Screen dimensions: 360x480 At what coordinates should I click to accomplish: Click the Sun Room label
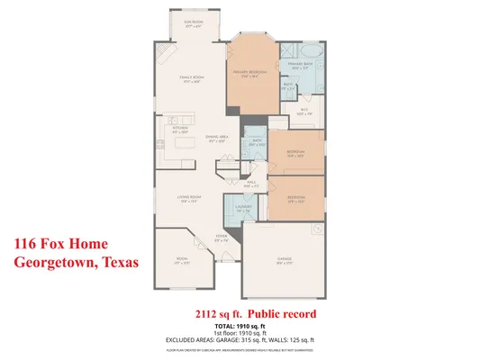point(193,24)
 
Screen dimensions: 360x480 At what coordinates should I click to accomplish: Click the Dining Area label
point(216,138)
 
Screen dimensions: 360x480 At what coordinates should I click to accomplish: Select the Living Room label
point(187,197)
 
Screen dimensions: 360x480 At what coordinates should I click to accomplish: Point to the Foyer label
point(222,238)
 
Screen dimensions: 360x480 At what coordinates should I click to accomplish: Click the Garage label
point(285,259)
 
